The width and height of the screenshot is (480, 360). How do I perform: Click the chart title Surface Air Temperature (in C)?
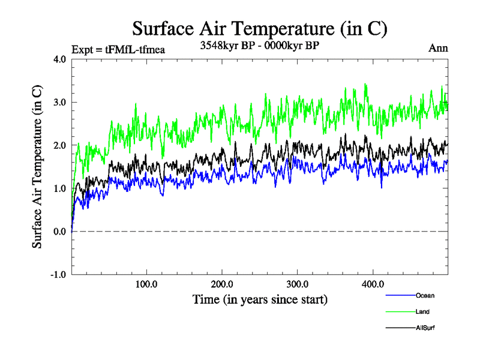[260, 28]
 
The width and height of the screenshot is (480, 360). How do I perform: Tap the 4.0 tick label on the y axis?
[60, 59]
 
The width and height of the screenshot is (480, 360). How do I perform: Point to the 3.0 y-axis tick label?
[60, 102]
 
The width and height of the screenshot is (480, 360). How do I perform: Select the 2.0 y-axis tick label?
[60, 145]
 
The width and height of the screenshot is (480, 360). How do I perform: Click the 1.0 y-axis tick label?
[60, 188]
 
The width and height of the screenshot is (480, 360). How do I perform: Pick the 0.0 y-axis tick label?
[60, 232]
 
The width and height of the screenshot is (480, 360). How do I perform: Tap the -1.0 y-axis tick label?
[59, 275]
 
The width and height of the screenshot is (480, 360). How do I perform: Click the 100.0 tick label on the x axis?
[146, 284]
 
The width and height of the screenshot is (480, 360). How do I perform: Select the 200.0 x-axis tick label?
[222, 284]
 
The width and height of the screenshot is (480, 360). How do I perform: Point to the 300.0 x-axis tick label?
[298, 284]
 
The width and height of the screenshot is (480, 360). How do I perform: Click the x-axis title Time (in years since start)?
[260, 299]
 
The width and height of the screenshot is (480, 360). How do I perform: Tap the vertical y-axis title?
[38, 167]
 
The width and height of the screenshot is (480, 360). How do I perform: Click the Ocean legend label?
[425, 295]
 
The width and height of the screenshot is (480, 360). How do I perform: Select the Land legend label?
[422, 311]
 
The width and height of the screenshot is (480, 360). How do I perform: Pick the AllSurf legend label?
[425, 328]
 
